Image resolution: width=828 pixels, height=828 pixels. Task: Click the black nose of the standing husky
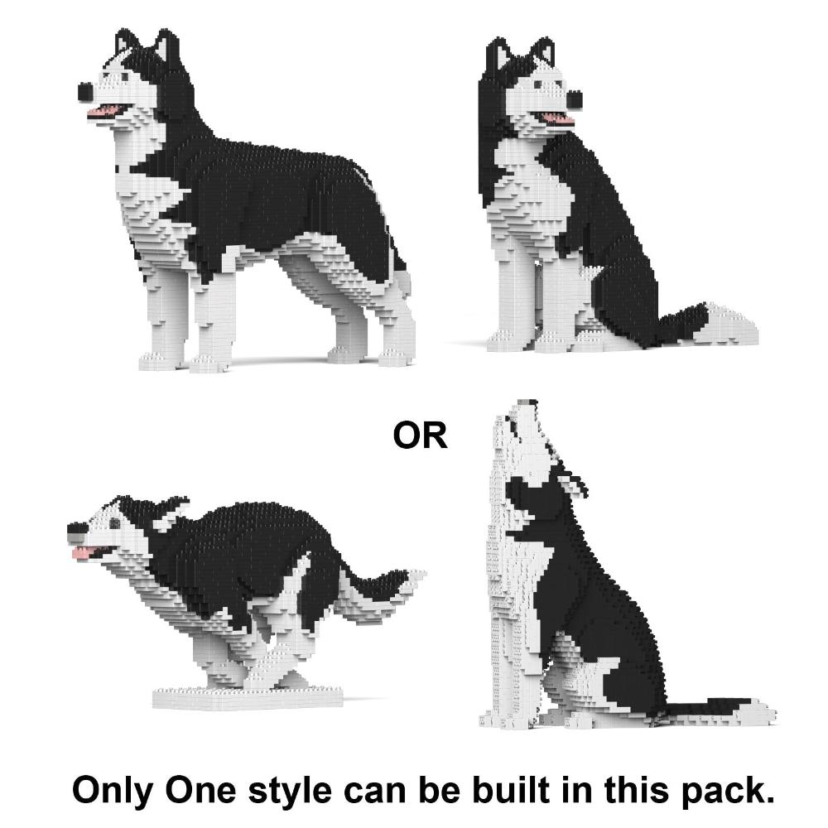(x=86, y=92)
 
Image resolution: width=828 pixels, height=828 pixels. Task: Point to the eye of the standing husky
(x=126, y=77)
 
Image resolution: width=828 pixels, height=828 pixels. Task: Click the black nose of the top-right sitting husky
(x=574, y=99)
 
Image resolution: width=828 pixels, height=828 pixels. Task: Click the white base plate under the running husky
(x=248, y=698)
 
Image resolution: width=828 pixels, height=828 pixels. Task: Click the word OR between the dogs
(x=420, y=436)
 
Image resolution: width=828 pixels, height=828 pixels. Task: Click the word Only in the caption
(x=113, y=792)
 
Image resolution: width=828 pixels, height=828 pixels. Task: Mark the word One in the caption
(x=201, y=791)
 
